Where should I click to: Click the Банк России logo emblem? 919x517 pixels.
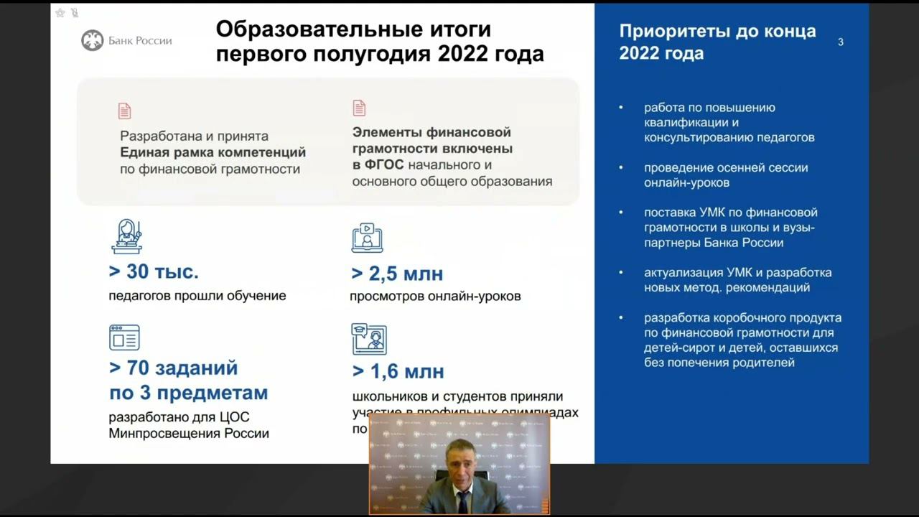pyautogui.click(x=93, y=40)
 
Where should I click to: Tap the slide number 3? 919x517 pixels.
pyautogui.click(x=841, y=42)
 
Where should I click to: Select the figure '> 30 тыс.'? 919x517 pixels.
pyautogui.click(x=154, y=271)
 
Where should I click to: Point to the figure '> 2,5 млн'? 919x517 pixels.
pyautogui.click(x=397, y=274)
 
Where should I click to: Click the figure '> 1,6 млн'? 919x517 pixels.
pyautogui.click(x=398, y=371)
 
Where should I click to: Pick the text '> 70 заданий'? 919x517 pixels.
pyautogui.click(x=173, y=368)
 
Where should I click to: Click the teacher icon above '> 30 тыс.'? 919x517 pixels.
pyautogui.click(x=126, y=237)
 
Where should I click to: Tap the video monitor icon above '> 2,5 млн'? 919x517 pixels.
pyautogui.click(x=367, y=238)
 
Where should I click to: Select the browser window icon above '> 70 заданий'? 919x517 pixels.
pyautogui.click(x=124, y=337)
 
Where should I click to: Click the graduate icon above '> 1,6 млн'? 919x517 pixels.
pyautogui.click(x=369, y=339)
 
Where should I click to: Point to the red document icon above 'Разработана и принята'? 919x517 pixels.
pyautogui.click(x=125, y=111)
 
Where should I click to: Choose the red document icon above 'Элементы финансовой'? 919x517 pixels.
pyautogui.click(x=359, y=108)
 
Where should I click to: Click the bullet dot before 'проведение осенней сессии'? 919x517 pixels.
pyautogui.click(x=622, y=168)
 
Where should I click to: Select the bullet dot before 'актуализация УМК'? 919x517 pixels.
pyautogui.click(x=622, y=273)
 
